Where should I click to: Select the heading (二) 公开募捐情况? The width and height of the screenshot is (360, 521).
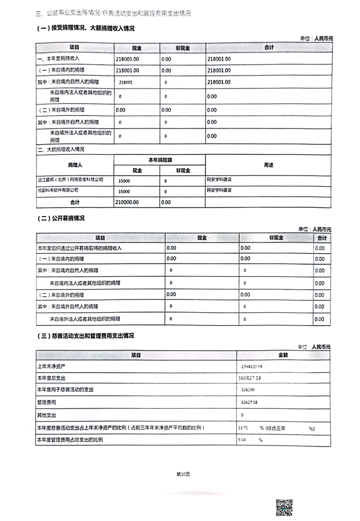click(x=61, y=218)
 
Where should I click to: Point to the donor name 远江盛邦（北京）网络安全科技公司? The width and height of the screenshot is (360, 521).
click(x=70, y=180)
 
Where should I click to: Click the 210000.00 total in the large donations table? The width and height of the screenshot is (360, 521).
click(x=128, y=202)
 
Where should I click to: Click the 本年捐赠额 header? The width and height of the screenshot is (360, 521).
click(x=160, y=159)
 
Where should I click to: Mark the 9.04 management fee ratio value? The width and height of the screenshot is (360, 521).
click(x=242, y=440)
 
